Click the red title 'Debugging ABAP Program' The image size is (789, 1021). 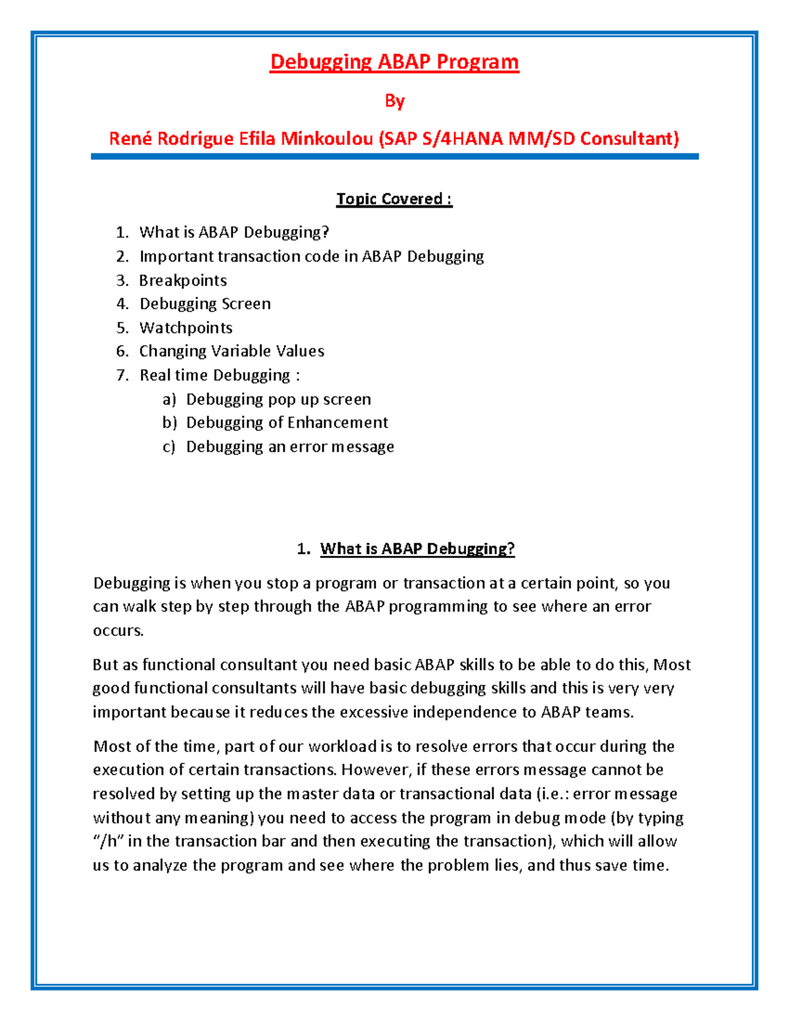pyautogui.click(x=394, y=62)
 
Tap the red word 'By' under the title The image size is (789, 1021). pyautogui.click(x=394, y=101)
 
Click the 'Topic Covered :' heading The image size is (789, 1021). pyautogui.click(x=394, y=199)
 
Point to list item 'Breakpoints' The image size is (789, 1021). pyautogui.click(x=183, y=280)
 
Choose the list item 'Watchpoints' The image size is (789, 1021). pyautogui.click(x=186, y=327)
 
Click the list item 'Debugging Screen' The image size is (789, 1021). pyautogui.click(x=205, y=304)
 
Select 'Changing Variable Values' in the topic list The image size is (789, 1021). pyautogui.click(x=231, y=351)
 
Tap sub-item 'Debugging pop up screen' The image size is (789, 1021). pyautogui.click(x=278, y=399)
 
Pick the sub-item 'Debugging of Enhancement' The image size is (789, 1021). pyautogui.click(x=287, y=423)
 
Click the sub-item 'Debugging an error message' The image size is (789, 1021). pyautogui.click(x=290, y=446)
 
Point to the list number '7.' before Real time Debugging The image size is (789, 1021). pyautogui.click(x=122, y=375)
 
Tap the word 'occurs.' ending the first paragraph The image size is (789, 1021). pyautogui.click(x=118, y=630)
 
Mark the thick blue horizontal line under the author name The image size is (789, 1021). pyautogui.click(x=394, y=156)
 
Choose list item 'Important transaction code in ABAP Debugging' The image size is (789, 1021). pyautogui.click(x=312, y=256)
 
